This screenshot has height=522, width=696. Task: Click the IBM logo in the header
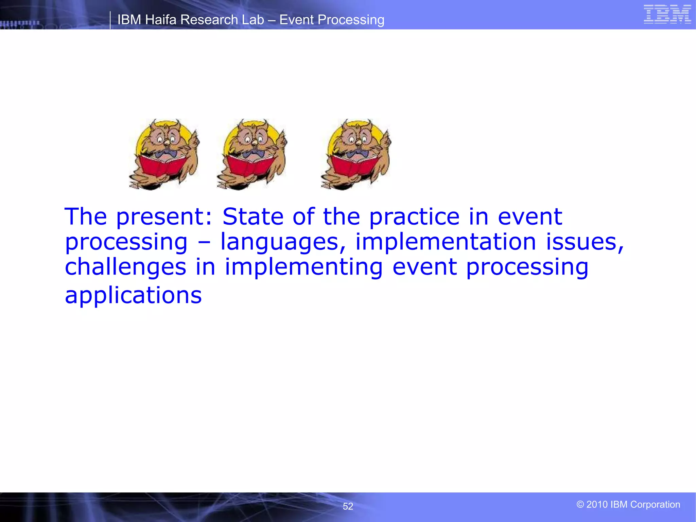click(667, 15)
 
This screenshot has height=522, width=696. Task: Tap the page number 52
click(348, 506)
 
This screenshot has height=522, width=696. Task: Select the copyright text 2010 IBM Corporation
click(628, 504)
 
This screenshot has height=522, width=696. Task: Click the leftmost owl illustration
click(164, 154)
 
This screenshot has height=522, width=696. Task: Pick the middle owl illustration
click(252, 154)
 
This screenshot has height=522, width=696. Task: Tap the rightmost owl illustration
click(356, 154)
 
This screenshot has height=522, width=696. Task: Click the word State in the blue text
click(253, 216)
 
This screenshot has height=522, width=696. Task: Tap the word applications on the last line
click(133, 295)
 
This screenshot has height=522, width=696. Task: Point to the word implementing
click(303, 267)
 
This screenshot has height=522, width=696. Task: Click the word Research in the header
click(209, 20)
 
